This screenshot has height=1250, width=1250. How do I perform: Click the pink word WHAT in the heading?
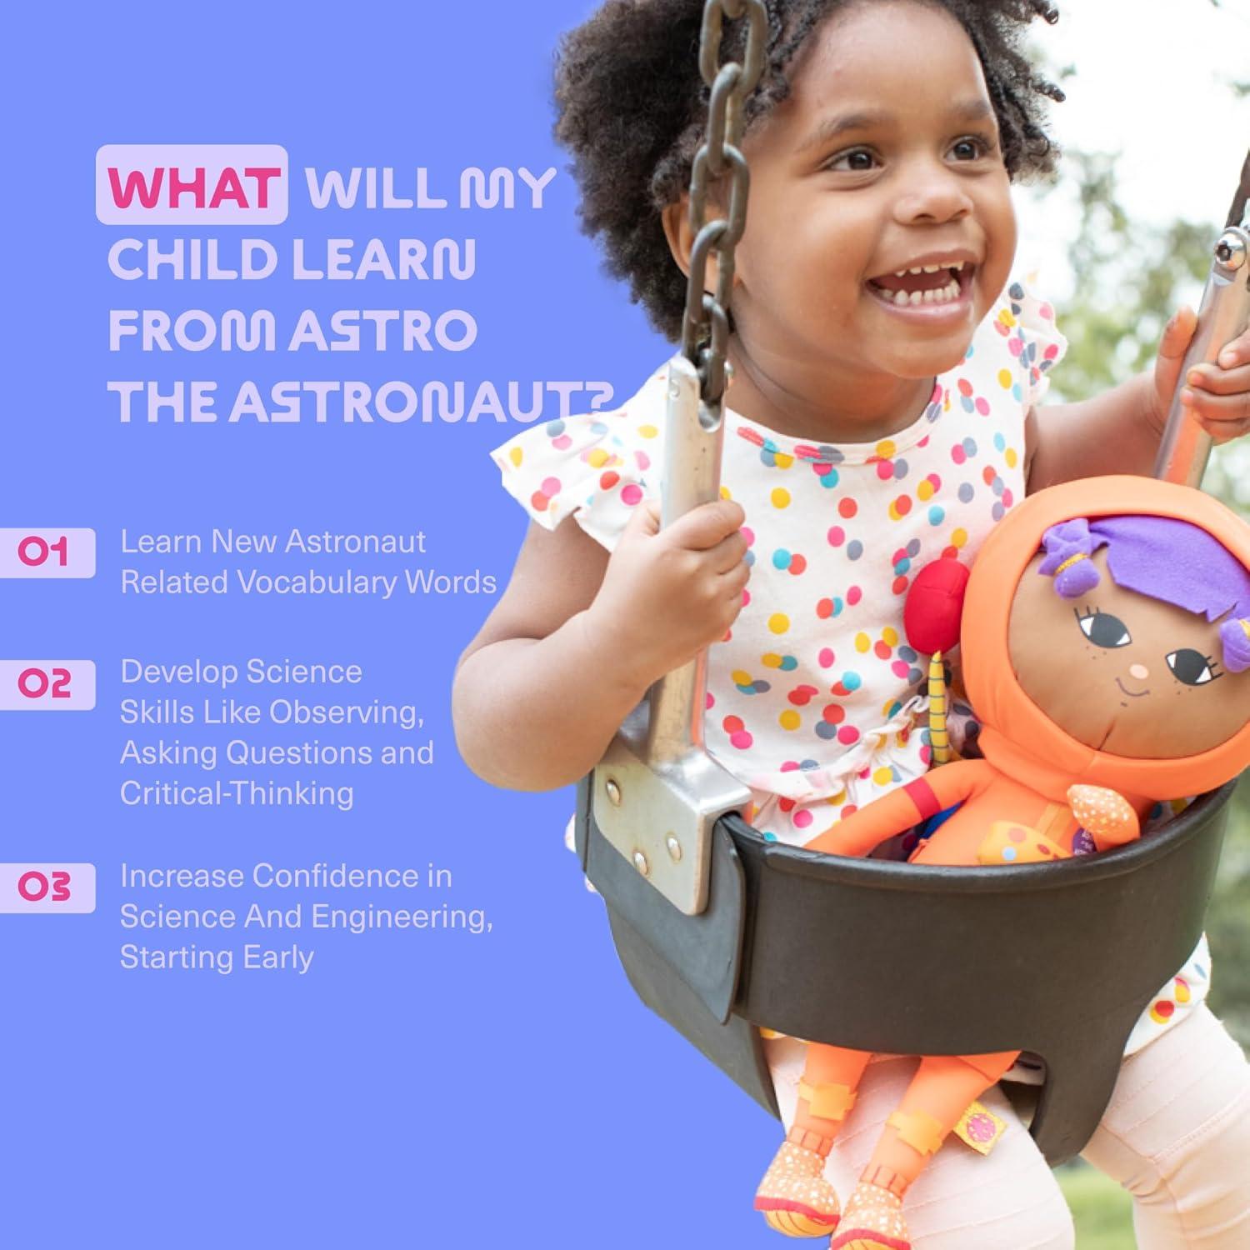pos(192,187)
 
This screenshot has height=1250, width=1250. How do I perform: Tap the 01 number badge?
pos(45,552)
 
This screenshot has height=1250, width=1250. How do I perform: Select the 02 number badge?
pos(45,684)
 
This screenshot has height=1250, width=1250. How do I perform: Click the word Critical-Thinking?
pos(237,792)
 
